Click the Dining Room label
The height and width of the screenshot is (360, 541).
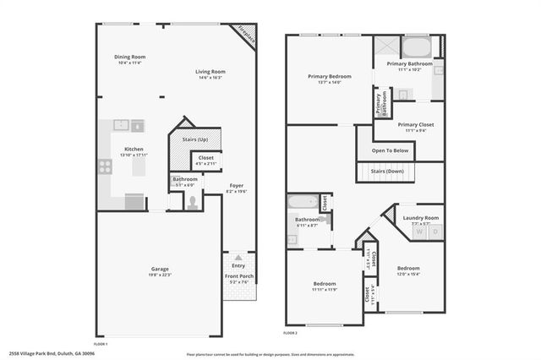click(x=131, y=57)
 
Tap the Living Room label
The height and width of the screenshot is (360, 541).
click(x=210, y=74)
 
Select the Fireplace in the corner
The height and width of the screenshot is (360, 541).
click(x=247, y=35)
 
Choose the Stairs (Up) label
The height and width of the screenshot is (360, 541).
click(x=196, y=138)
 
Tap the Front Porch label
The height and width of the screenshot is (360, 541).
click(x=238, y=276)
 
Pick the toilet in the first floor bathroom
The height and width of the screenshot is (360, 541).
click(x=192, y=202)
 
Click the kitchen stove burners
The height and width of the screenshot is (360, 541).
click(x=106, y=166)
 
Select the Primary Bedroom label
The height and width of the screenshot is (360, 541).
click(x=329, y=77)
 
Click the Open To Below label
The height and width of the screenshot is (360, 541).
click(x=390, y=150)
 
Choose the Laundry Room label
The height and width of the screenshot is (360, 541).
click(x=419, y=218)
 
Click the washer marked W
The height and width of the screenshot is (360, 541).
click(x=419, y=232)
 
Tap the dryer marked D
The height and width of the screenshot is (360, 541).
click(x=435, y=232)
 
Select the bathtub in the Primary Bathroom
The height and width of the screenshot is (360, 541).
click(x=416, y=45)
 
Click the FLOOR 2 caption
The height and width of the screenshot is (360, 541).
click(x=291, y=334)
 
